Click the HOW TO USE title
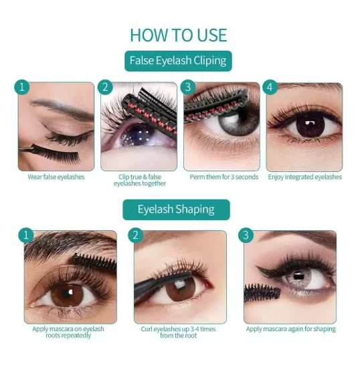(179, 35)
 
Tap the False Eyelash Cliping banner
(178, 61)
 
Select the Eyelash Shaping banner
(176, 209)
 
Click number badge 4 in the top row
(270, 87)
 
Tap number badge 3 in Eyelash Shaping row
(246, 235)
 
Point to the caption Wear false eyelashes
(56, 177)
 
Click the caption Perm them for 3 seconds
(224, 177)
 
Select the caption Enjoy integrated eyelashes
(305, 177)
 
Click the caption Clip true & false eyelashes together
(140, 180)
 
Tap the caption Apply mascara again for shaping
(291, 329)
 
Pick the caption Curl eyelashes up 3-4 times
(179, 329)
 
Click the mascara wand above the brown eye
(94, 261)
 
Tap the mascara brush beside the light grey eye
(262, 292)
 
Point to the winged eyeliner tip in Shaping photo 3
(256, 266)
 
